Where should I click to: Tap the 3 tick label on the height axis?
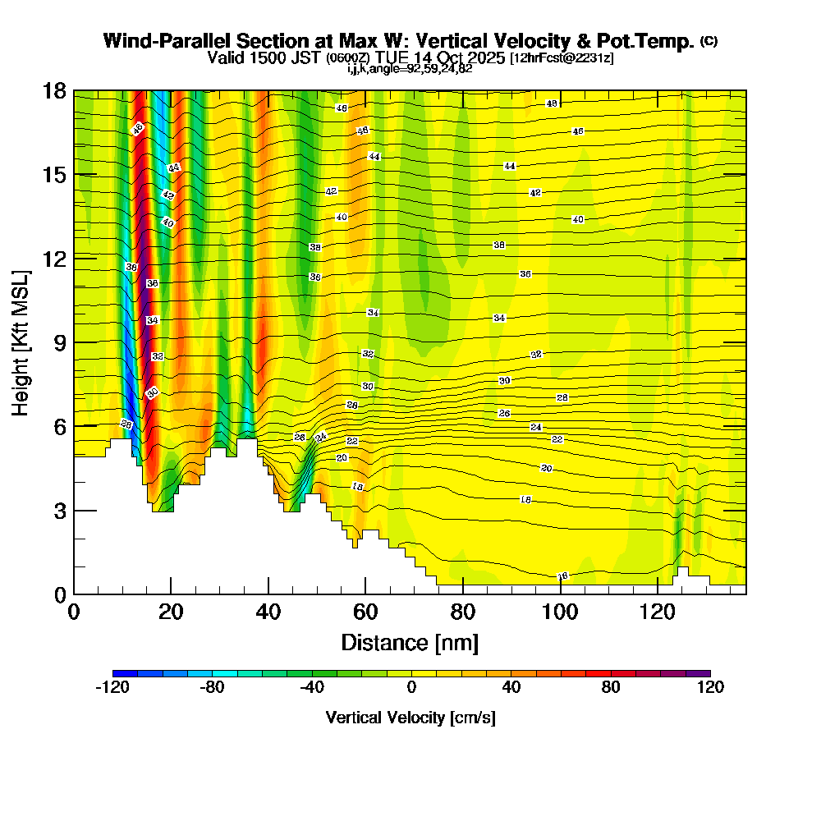coord(59,510)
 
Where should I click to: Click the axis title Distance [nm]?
coord(410,642)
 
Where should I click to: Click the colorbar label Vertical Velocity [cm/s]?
coord(410,718)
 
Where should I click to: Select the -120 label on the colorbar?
coord(112,688)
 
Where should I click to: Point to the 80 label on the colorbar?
coord(610,688)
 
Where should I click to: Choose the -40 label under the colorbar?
coord(311,688)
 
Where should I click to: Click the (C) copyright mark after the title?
coord(709,41)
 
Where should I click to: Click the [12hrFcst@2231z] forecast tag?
coord(562,58)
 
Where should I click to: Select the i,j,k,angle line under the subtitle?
coord(410,69)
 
